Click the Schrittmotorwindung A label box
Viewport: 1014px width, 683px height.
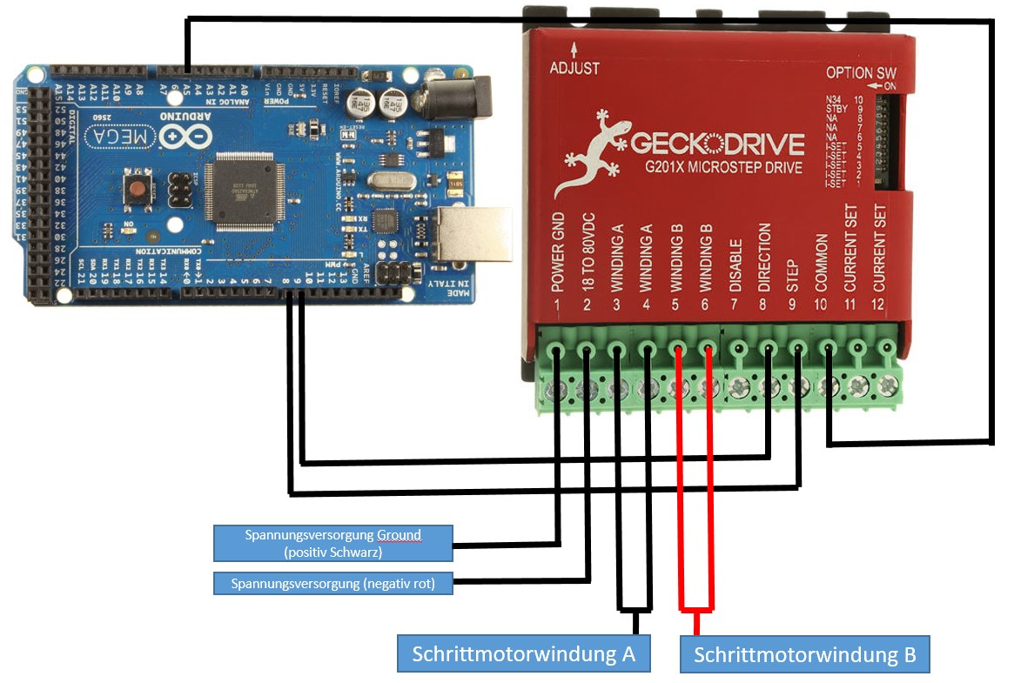pyautogui.click(x=524, y=653)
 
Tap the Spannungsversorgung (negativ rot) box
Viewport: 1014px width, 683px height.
pyautogui.click(x=332, y=583)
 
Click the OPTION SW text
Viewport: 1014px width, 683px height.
pyautogui.click(x=861, y=73)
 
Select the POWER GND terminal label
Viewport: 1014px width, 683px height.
pyautogui.click(x=559, y=251)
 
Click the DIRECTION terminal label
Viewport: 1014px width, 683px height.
pyautogui.click(x=764, y=257)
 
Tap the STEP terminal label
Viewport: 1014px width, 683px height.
pyautogui.click(x=792, y=274)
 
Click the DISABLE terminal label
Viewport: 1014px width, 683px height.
pyautogui.click(x=735, y=264)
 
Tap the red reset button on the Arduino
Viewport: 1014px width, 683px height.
pyautogui.click(x=137, y=189)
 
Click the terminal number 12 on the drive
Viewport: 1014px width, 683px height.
pyautogui.click(x=880, y=305)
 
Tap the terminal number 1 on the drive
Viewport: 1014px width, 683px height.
pyautogui.click(x=558, y=305)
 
